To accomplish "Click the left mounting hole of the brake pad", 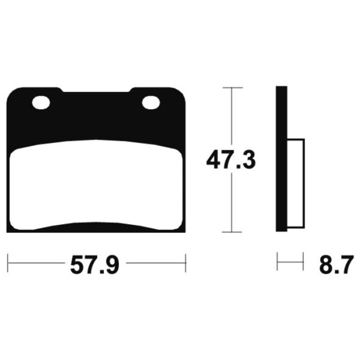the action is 41,103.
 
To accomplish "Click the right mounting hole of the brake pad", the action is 151,103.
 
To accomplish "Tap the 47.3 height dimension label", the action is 231,160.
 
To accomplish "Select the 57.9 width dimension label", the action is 95,265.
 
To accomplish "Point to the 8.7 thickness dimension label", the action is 336,265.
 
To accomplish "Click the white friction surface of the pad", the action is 96,185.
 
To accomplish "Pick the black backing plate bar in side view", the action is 281,159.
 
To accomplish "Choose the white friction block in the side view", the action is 296,183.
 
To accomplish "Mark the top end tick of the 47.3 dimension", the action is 232,88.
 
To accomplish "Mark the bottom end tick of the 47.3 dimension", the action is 232,232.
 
